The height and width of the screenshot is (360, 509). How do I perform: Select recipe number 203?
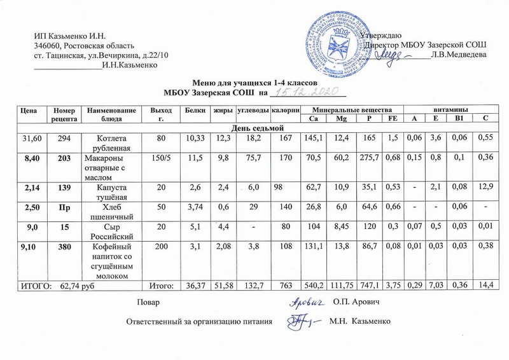click(x=64, y=157)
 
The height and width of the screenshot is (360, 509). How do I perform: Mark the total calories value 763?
click(x=286, y=284)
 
